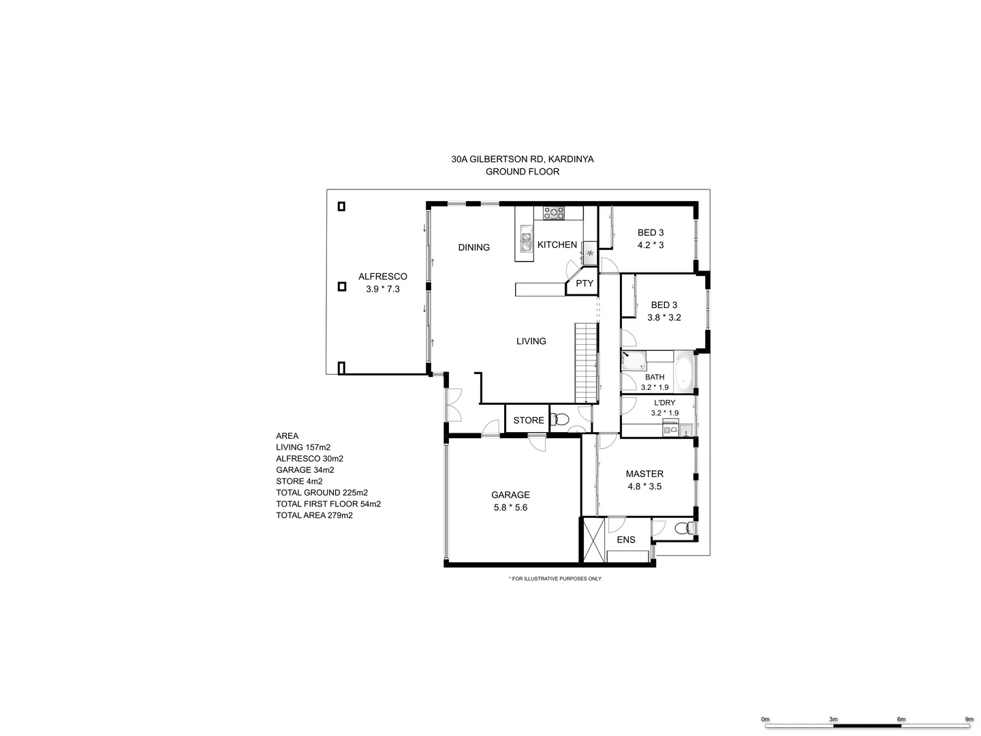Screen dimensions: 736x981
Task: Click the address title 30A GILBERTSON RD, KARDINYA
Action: pyautogui.click(x=522, y=159)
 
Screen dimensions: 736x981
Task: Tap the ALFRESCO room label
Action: pyautogui.click(x=382, y=277)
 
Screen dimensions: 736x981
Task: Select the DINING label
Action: pyautogui.click(x=473, y=247)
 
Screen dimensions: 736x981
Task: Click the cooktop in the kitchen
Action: pyautogui.click(x=554, y=213)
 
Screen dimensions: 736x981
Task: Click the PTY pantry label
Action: pyautogui.click(x=585, y=283)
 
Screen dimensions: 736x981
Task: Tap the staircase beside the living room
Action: pyautogui.click(x=586, y=363)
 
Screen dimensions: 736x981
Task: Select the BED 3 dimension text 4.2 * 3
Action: pyautogui.click(x=650, y=245)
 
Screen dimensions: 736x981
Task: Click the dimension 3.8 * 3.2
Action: pyautogui.click(x=664, y=318)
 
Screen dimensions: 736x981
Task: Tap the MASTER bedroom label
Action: pyautogui.click(x=644, y=474)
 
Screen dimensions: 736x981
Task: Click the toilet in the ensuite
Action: pyautogui.click(x=682, y=528)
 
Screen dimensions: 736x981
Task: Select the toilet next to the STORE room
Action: pyautogui.click(x=560, y=420)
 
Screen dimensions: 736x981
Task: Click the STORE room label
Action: pyautogui.click(x=528, y=420)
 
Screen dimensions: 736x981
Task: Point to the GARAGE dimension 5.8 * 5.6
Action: pyautogui.click(x=510, y=507)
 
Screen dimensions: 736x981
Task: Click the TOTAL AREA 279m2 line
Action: pyautogui.click(x=314, y=515)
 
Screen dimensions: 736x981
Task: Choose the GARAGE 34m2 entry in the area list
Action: pyautogui.click(x=305, y=470)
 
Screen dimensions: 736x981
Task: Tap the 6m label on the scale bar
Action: pyautogui.click(x=901, y=719)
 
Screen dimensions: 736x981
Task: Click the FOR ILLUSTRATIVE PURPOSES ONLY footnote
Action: pyautogui.click(x=555, y=579)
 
